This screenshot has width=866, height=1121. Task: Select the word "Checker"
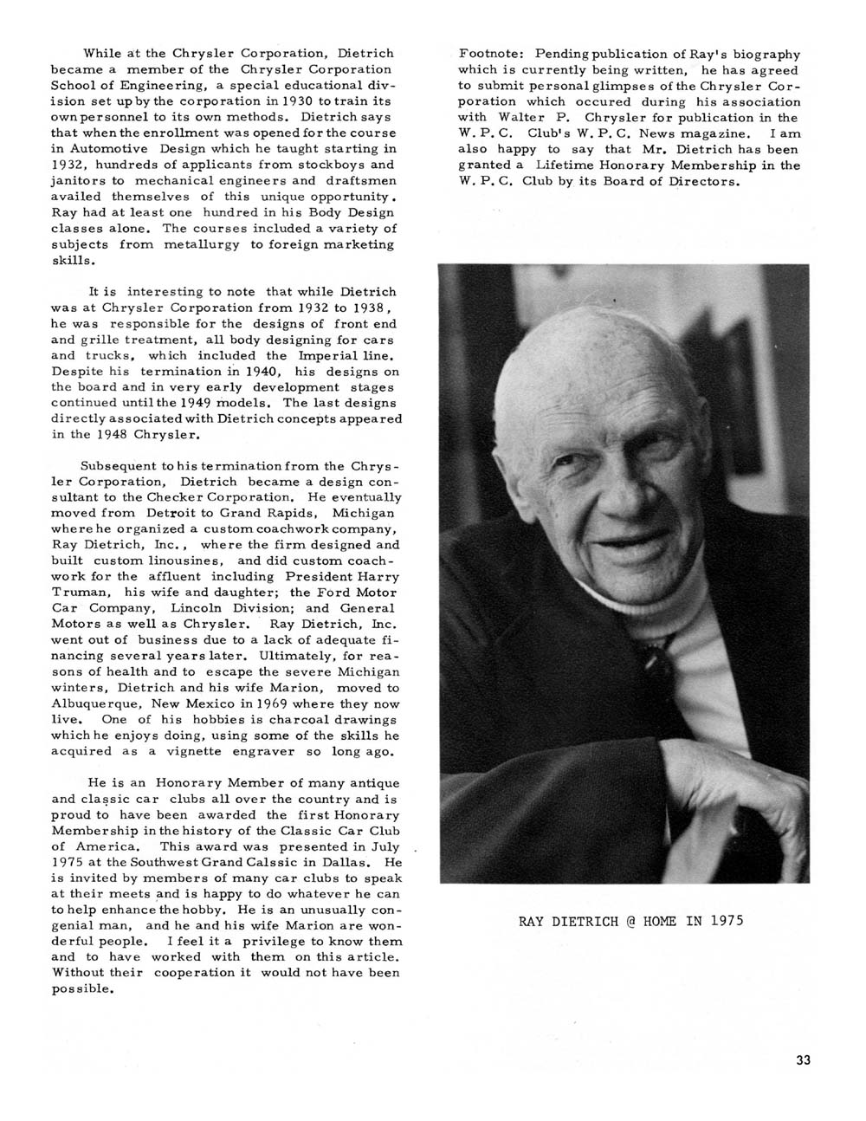pyautogui.click(x=159, y=497)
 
